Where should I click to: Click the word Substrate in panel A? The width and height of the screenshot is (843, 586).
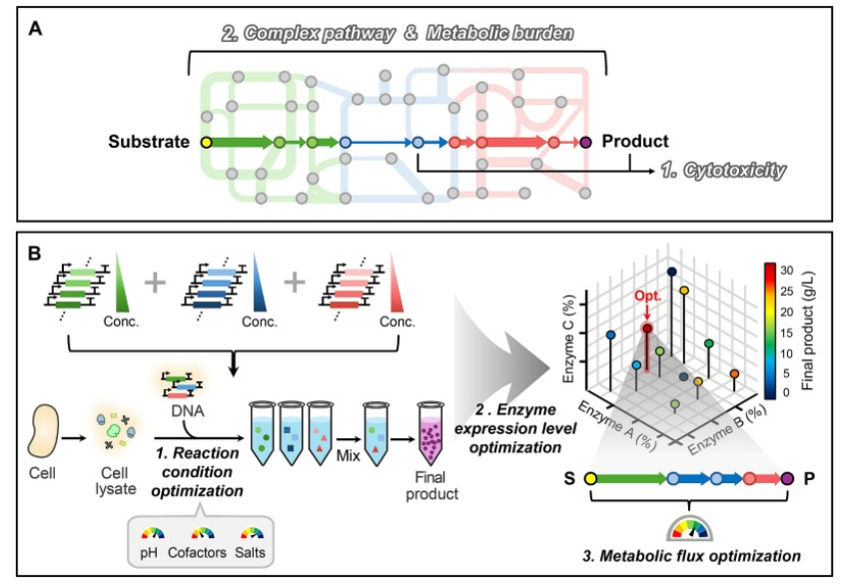coord(149,142)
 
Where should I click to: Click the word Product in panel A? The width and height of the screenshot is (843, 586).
coord(635,142)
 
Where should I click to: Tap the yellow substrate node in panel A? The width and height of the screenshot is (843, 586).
coord(207,143)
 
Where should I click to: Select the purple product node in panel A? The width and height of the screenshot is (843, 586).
coord(586,143)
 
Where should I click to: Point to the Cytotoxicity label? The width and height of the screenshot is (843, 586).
coord(723,171)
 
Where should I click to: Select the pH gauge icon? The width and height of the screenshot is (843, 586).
coord(153,535)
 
